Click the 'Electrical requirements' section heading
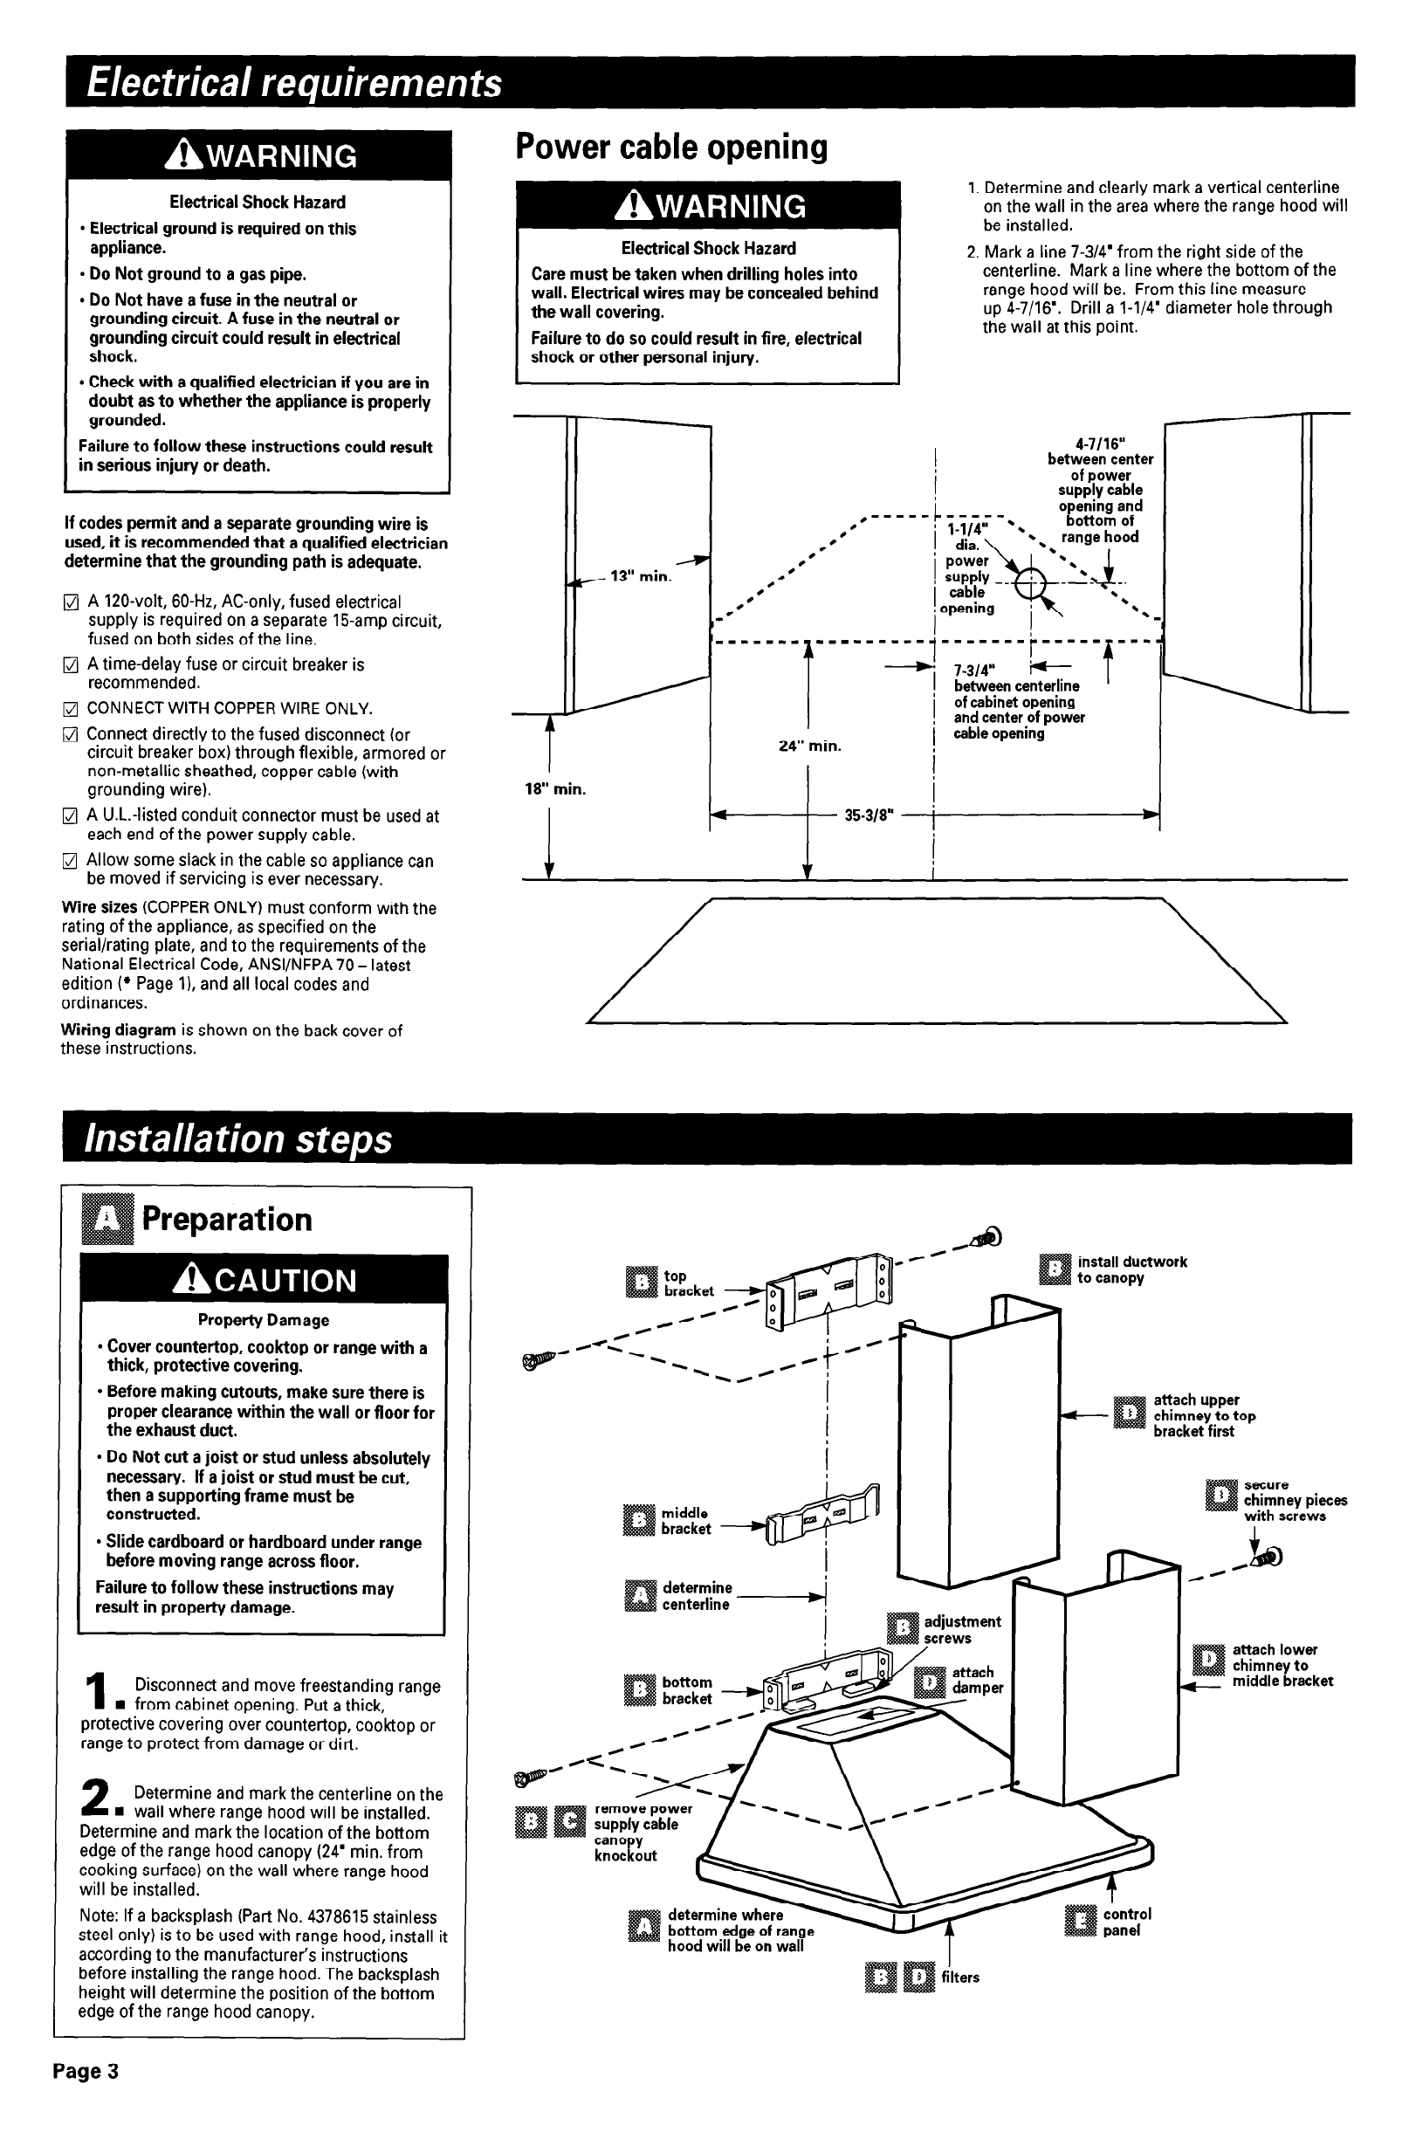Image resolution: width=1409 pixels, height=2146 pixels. (294, 83)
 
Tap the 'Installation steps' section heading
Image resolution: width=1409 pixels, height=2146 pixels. (238, 1138)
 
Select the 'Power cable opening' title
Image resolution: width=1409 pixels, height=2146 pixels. (670, 147)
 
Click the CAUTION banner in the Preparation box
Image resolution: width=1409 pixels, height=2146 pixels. (264, 1280)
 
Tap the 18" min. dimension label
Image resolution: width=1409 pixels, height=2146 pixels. (555, 790)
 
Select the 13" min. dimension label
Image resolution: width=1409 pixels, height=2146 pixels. (641, 576)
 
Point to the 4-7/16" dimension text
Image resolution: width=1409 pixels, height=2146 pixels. (1100, 444)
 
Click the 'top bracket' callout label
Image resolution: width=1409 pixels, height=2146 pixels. (688, 1283)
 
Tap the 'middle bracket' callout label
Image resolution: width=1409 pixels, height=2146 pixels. (685, 1521)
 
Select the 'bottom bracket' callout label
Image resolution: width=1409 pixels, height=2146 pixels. (686, 1690)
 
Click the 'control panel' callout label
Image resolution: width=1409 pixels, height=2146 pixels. (1126, 1922)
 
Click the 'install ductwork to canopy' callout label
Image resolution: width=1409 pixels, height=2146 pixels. (1131, 1269)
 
